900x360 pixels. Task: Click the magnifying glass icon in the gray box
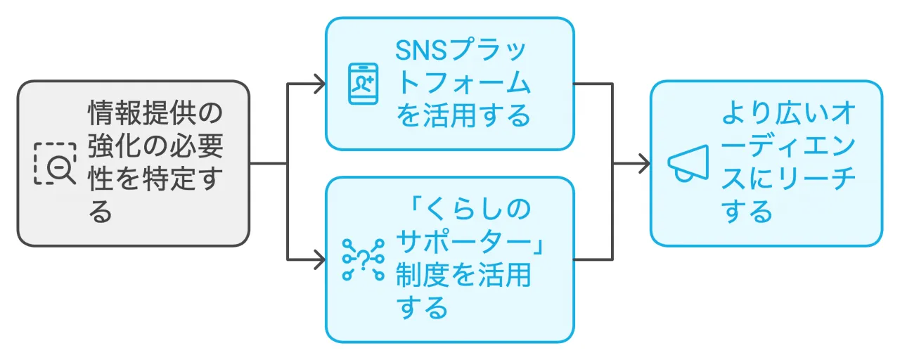point(56,164)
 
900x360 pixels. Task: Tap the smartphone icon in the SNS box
point(363,84)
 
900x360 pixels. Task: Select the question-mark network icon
point(363,259)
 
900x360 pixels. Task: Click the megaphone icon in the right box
point(687,164)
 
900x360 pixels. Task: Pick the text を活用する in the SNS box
point(463,116)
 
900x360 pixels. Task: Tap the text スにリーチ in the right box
point(788,179)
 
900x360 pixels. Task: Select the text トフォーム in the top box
point(463,84)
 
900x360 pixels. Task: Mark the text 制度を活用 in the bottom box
point(463,275)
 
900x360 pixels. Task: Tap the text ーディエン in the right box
point(788,147)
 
